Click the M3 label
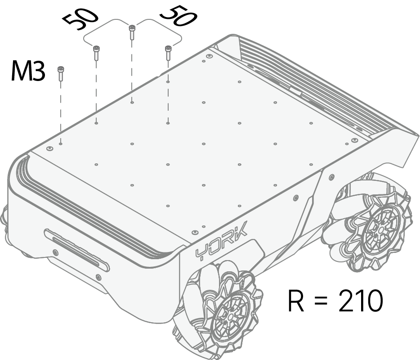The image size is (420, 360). point(27,71)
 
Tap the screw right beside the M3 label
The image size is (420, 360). point(61,73)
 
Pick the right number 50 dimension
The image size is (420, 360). point(179,16)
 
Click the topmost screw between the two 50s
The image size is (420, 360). point(132,32)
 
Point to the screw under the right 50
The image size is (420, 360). point(168,53)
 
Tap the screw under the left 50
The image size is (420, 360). point(96,53)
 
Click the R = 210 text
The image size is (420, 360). point(335,301)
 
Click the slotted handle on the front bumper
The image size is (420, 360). point(76,250)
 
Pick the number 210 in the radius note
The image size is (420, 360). point(361,301)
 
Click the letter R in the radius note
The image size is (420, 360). point(296,301)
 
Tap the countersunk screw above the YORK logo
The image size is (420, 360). point(195,232)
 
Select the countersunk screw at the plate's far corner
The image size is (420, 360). point(210,56)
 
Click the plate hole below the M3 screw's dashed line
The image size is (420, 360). point(61,144)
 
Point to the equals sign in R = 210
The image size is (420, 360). point(321,301)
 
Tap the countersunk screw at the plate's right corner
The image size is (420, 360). point(354,140)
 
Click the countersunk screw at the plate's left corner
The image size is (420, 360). point(49,148)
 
